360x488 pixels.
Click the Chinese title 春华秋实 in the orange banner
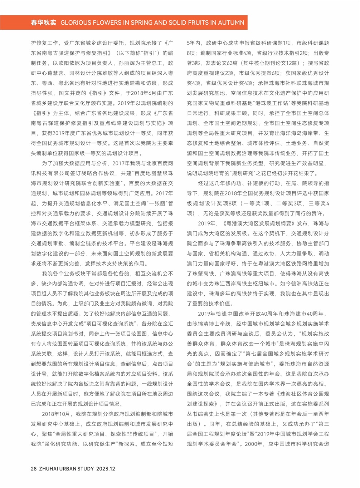pos(43,23)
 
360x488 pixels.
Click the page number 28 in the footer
pos(34,469)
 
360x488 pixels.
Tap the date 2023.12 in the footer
pos(106,469)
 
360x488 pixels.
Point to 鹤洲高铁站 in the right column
pos(293,284)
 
